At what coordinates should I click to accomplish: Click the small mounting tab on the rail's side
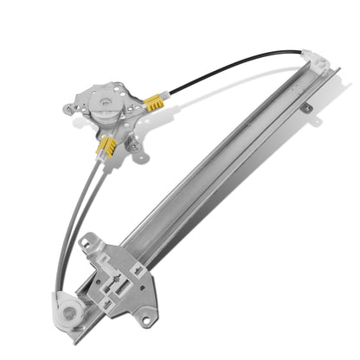306,107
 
